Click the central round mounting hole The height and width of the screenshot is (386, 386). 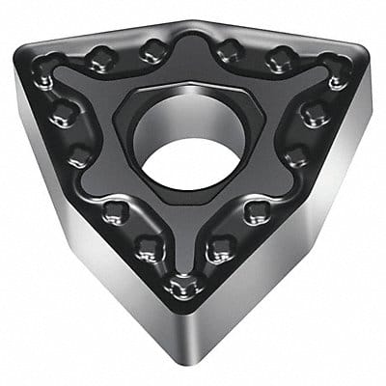(x=190, y=138)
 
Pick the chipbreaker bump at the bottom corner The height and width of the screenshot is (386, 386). (x=179, y=285)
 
